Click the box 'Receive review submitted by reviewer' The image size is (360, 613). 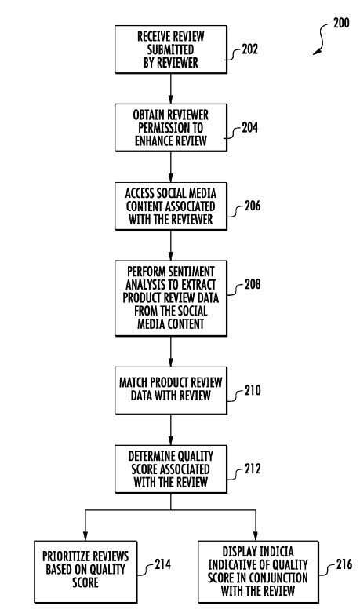(x=171, y=49)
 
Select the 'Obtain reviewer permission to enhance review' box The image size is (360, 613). (x=171, y=127)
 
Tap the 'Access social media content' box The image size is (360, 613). (x=171, y=206)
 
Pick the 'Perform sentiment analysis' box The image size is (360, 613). (x=171, y=298)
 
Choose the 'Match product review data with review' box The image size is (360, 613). (x=171, y=390)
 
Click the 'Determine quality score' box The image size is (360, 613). (x=171, y=469)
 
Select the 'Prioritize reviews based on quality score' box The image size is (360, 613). (x=85, y=571)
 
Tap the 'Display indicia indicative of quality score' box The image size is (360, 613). (x=258, y=571)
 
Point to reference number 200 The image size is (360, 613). (x=341, y=23)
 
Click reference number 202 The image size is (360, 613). (x=250, y=49)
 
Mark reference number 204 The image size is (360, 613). (x=250, y=127)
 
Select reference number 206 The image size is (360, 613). (x=253, y=206)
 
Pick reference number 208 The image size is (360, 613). (x=253, y=284)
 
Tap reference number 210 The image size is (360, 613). (x=253, y=390)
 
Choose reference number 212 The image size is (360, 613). (x=253, y=469)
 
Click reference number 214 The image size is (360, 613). (x=162, y=564)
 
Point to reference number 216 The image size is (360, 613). (x=344, y=564)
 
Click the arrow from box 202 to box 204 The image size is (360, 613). (x=171, y=89)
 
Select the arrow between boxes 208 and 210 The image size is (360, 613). (x=171, y=352)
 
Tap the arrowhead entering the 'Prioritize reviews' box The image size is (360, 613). (x=85, y=536)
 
